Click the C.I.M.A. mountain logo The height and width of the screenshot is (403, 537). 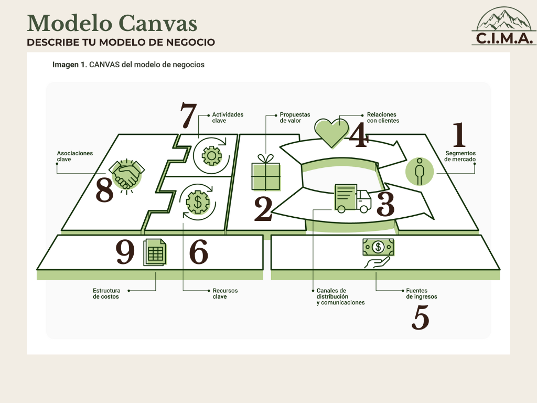click(x=504, y=26)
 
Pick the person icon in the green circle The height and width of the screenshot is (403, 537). click(x=420, y=172)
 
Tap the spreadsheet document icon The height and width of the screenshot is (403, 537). click(x=155, y=252)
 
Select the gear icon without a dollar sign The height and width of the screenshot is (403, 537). click(x=212, y=156)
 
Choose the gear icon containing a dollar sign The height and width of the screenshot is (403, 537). click(x=198, y=202)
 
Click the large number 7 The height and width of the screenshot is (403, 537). click(x=188, y=115)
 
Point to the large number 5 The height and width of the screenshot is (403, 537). click(x=420, y=317)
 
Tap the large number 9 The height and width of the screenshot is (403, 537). click(x=125, y=252)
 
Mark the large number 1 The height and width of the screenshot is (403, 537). click(x=459, y=135)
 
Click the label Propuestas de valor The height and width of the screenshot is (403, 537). click(x=295, y=118)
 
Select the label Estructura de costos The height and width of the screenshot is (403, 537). click(x=106, y=294)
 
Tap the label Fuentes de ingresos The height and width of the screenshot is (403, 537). click(x=422, y=294)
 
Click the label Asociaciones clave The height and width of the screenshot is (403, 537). click(x=74, y=156)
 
